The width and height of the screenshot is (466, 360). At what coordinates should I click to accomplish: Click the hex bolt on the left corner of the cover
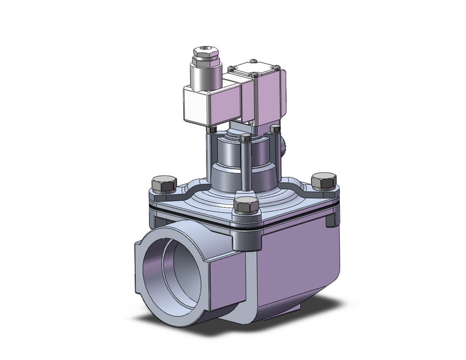160,185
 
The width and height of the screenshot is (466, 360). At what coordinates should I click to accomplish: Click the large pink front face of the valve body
294,264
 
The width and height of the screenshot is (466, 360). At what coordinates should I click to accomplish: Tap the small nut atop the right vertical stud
275,129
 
